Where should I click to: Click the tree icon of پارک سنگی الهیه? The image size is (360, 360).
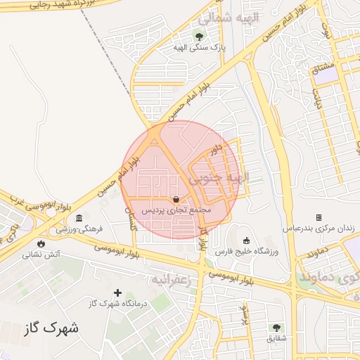[x=199, y=36]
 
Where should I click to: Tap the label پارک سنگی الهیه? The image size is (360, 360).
[x=199, y=47]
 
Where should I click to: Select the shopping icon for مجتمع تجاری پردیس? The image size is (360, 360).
[x=175, y=199]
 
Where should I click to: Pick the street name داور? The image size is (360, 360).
[x=215, y=149]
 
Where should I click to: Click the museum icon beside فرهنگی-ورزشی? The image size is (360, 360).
[x=79, y=217]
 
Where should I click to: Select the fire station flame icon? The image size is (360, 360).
[x=41, y=243]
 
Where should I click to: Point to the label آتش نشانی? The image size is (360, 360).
[x=41, y=255]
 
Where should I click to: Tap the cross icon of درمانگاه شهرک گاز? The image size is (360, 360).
[x=117, y=292]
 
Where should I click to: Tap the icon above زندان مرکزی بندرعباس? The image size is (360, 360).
[x=319, y=217]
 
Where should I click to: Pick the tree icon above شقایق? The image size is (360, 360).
[x=276, y=327]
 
